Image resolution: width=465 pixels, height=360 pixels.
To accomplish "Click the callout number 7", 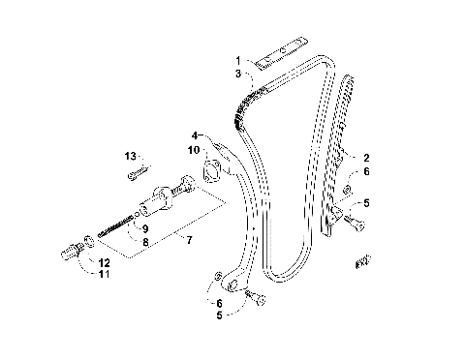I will pyautogui.click(x=190, y=239).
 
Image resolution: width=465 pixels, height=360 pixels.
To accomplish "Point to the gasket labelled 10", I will pyautogui.click(x=207, y=173).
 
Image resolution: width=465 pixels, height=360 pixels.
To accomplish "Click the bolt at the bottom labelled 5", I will pyautogui.click(x=257, y=297).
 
